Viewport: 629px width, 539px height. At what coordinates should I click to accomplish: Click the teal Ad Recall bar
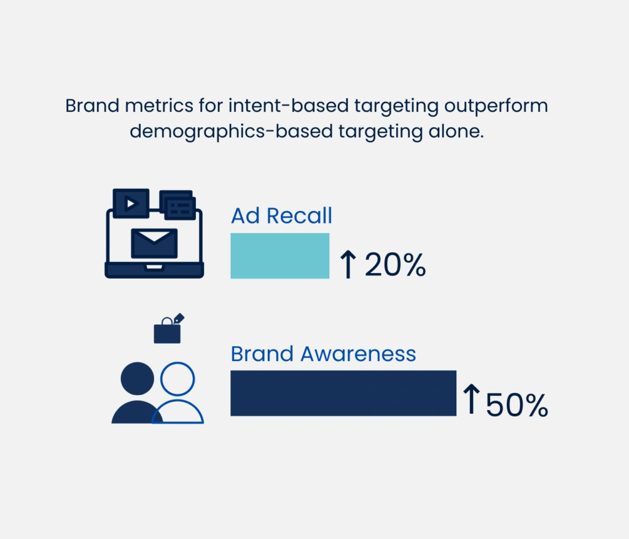click(x=279, y=256)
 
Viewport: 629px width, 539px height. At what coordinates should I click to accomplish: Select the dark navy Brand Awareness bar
click(x=343, y=393)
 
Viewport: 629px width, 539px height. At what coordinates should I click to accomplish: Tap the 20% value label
click(x=395, y=265)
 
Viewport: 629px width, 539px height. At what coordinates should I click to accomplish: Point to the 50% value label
click(x=517, y=405)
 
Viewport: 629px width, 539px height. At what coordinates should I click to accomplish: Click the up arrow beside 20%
click(x=348, y=265)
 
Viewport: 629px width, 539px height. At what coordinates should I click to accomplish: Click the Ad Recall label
click(x=281, y=215)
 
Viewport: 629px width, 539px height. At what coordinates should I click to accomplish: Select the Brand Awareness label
click(x=323, y=354)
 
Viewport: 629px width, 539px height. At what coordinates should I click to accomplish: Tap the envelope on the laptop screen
click(x=154, y=243)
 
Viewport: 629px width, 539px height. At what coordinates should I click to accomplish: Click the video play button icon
click(x=131, y=204)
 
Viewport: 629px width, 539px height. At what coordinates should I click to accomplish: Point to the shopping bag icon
click(x=168, y=329)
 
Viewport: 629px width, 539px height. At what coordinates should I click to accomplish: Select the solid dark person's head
click(x=137, y=379)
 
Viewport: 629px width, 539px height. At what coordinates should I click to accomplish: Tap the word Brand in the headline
click(x=92, y=106)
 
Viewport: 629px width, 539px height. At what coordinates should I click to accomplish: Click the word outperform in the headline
click(x=496, y=106)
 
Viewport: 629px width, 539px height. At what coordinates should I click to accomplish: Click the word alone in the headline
click(x=456, y=131)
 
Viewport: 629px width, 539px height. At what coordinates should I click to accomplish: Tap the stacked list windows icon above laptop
click(x=178, y=205)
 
